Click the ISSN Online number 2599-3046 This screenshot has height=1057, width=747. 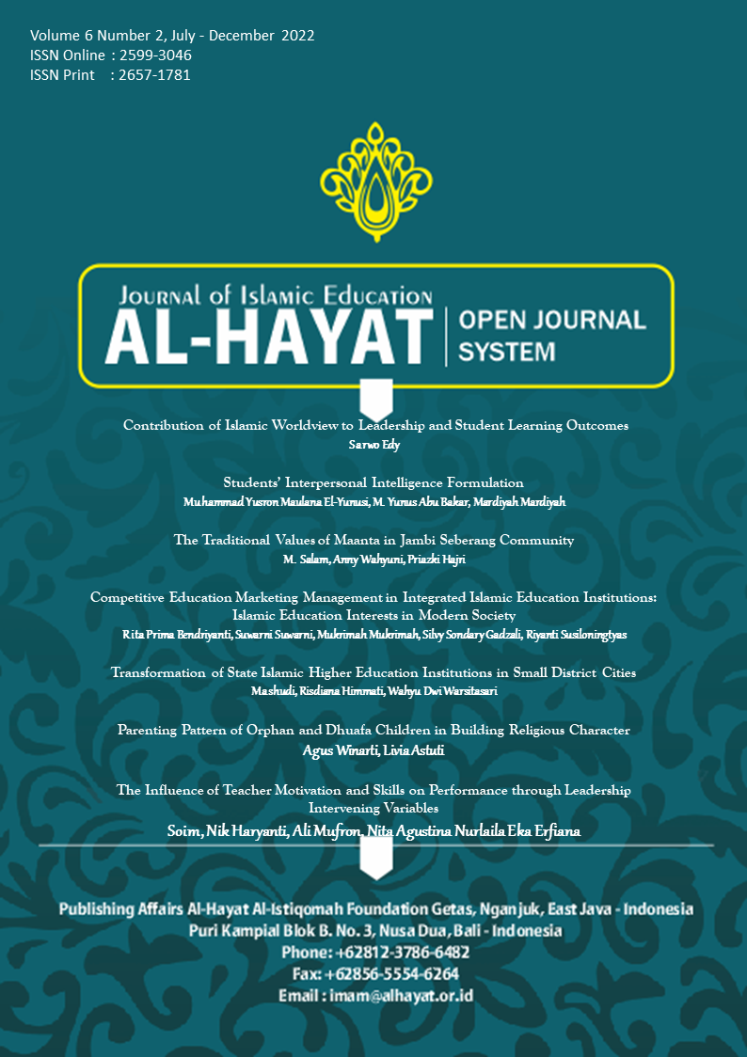coord(156,55)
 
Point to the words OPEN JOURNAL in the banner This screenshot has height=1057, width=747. coord(551,321)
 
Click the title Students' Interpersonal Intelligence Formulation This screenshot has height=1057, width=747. coord(374,483)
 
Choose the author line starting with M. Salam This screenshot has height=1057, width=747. coord(374,560)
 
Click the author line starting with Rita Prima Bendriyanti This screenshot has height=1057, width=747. coord(374,635)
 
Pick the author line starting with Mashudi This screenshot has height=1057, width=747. coord(374,691)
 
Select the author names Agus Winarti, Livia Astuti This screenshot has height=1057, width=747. coord(374,749)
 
